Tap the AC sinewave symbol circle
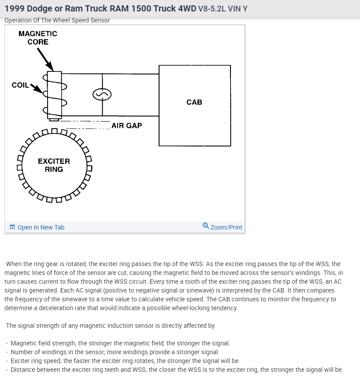pyautogui.click(x=102, y=95)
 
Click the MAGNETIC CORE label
pyautogui.click(x=38, y=38)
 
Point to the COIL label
pyautogui.click(x=20, y=85)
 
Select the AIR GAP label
pyautogui.click(x=127, y=126)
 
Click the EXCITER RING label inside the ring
pyautogui.click(x=54, y=165)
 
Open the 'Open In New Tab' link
pyautogui.click(x=41, y=227)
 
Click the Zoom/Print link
pyautogui.click(x=226, y=227)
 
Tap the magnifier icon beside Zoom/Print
pyautogui.click(x=206, y=226)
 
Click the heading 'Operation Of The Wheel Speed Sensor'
pyautogui.click(x=57, y=20)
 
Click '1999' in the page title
pyautogui.click(x=14, y=9)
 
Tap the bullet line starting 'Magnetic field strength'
pyautogui.click(x=120, y=343)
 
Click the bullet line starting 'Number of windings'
pyautogui.click(x=115, y=352)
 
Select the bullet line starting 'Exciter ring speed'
pyautogui.click(x=125, y=361)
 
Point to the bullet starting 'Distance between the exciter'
pyautogui.click(x=176, y=370)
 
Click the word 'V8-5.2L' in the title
pyautogui.click(x=212, y=9)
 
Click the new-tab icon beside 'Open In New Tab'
pyautogui.click(x=12, y=227)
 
